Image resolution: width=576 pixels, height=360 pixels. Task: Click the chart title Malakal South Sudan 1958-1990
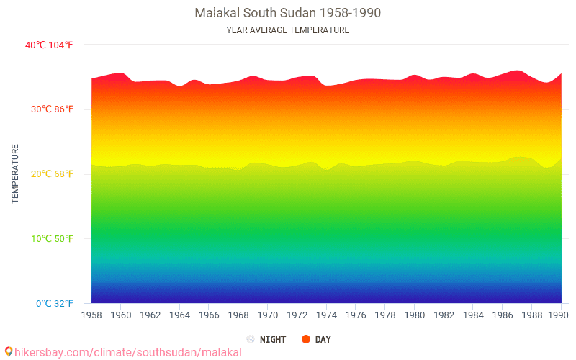pos(288,13)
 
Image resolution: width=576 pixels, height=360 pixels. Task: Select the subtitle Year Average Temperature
pos(288,30)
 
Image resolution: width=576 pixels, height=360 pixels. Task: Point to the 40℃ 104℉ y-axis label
pos(49,45)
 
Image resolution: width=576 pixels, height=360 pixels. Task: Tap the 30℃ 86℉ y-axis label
pos(49,109)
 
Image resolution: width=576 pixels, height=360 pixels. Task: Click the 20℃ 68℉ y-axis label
pos(49,174)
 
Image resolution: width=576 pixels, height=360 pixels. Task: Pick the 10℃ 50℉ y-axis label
pos(49,239)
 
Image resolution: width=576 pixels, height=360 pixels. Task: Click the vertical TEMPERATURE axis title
pos(15,174)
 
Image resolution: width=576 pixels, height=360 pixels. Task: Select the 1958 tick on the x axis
pos(91,315)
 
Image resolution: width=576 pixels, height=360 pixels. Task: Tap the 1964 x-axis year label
pos(179,315)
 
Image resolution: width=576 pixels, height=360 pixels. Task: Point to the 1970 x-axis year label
pos(268,315)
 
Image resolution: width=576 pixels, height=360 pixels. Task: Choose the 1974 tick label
pos(326,315)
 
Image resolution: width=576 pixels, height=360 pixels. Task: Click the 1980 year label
pos(415,315)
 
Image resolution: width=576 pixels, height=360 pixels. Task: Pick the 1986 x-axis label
pos(503,315)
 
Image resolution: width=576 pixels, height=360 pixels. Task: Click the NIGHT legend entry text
pos(273,339)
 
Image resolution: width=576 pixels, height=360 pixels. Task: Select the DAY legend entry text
pos(323,339)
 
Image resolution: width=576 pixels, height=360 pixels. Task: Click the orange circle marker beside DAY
pos(306,339)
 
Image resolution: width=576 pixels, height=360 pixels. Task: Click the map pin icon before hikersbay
pos(8,352)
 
